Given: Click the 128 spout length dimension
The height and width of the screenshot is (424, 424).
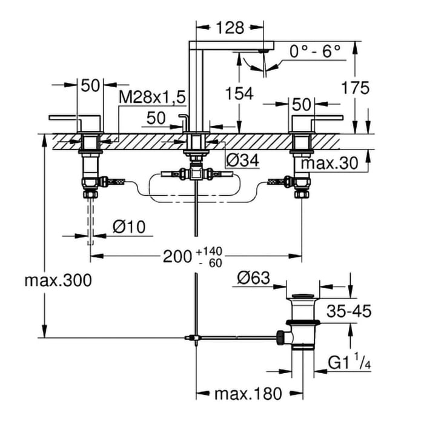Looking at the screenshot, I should tap(230, 27).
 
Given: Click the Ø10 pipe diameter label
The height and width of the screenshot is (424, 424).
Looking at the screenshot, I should tap(128, 227).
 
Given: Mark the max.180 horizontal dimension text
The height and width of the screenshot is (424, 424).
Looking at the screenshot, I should tap(248, 394).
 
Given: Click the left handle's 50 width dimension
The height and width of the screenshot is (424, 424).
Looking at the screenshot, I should tap(90, 86).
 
